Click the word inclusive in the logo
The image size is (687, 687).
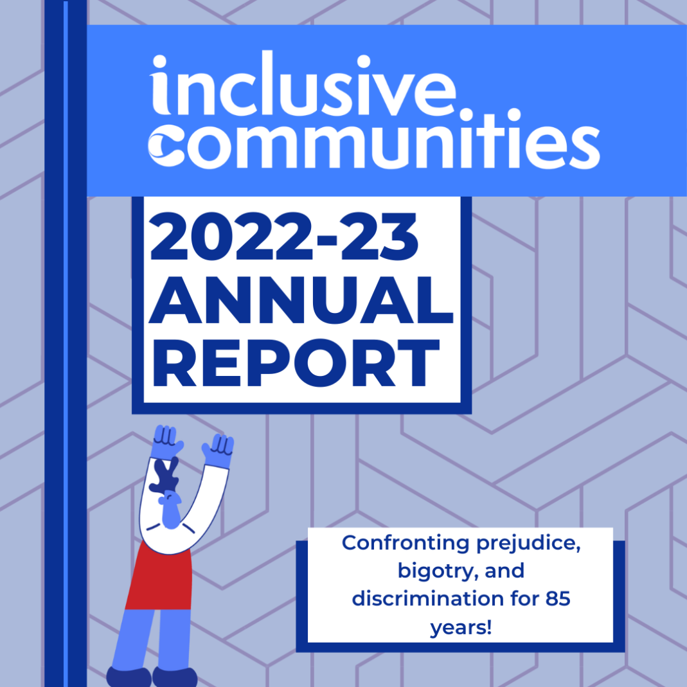tap(303, 84)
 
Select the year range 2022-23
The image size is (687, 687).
tap(283, 236)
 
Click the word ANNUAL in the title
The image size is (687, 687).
tap(301, 300)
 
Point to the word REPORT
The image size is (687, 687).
tap(296, 363)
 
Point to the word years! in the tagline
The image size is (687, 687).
tap(461, 628)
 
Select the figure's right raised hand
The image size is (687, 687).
tap(219, 451)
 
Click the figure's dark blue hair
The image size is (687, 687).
tap(165, 476)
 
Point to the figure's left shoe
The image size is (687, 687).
tap(129, 677)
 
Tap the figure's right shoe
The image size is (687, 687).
tap(174, 677)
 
